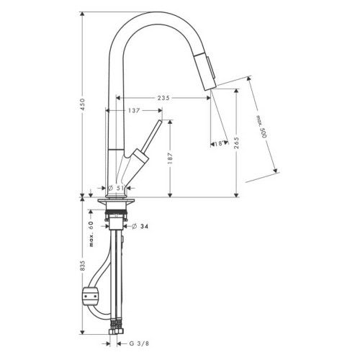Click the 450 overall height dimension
[x=83, y=104]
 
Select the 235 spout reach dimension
[x=163, y=98]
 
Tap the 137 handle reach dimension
[x=134, y=110]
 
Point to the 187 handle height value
[x=170, y=158]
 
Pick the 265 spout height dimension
[x=237, y=143]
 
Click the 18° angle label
[x=220, y=144]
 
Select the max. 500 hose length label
[x=261, y=127]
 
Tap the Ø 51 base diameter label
[x=116, y=188]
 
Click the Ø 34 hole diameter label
[x=140, y=226]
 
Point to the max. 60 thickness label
[x=91, y=234]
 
